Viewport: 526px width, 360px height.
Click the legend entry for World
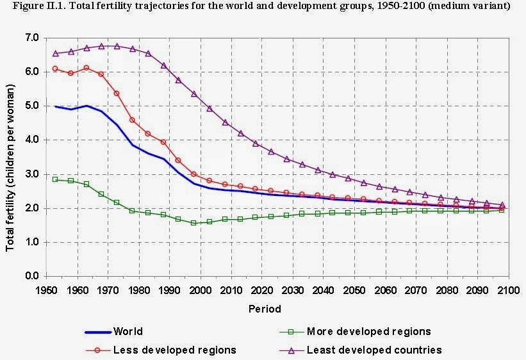[127, 332]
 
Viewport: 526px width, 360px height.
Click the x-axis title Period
[265, 309]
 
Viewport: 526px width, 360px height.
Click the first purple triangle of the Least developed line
[55, 53]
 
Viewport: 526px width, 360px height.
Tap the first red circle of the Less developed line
[55, 69]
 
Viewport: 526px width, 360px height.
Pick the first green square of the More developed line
[55, 179]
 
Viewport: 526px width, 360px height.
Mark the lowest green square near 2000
[193, 223]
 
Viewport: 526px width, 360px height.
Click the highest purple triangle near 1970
[101, 46]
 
